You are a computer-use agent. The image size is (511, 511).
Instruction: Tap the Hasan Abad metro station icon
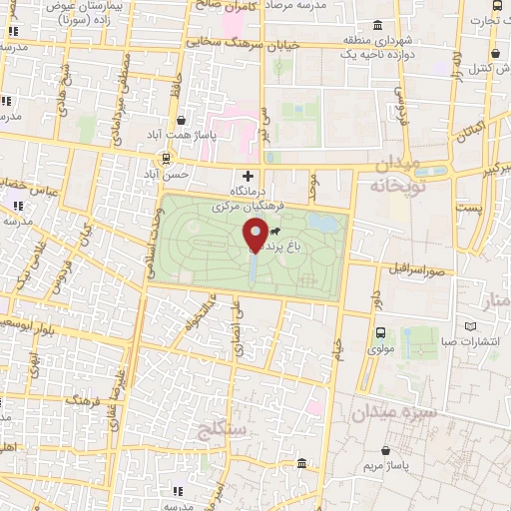point(166,158)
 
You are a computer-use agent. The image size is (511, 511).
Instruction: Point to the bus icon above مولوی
point(380,333)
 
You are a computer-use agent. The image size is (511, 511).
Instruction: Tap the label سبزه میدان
point(393,410)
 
